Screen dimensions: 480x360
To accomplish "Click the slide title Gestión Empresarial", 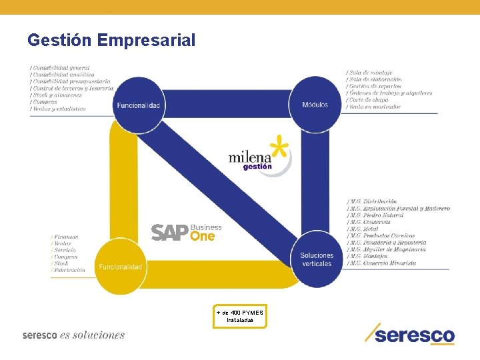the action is (111, 41).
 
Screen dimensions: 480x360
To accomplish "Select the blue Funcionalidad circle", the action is (138, 105).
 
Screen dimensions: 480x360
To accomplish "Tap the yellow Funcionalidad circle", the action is (121, 267).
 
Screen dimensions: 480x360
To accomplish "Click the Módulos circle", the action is (315, 105).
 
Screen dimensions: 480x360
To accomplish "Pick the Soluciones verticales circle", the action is (316, 259).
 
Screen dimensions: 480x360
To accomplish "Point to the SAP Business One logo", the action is (186, 232).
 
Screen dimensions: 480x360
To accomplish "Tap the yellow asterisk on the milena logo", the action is (280, 147).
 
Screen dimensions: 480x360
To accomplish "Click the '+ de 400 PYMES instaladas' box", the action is (240, 316).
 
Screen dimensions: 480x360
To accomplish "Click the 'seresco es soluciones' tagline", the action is (73, 335).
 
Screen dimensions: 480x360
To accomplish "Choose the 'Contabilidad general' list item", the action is (60, 68).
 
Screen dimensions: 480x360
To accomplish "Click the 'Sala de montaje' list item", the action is (370, 73).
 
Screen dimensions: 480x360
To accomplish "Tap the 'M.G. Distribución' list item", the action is (373, 201).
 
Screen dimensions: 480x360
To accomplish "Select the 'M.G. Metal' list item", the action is (363, 229).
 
